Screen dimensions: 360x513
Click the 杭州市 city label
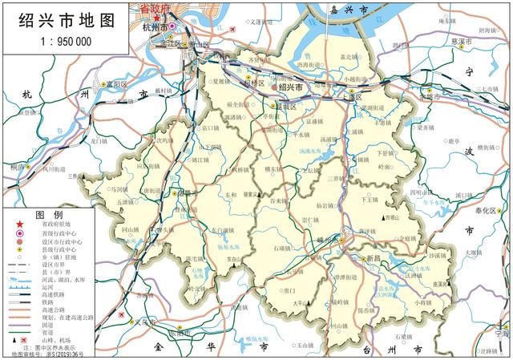pyautogui.click(x=152, y=27)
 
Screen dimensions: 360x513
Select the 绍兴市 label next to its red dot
pyautogui.click(x=291, y=87)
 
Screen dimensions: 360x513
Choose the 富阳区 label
pyautogui.click(x=116, y=83)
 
